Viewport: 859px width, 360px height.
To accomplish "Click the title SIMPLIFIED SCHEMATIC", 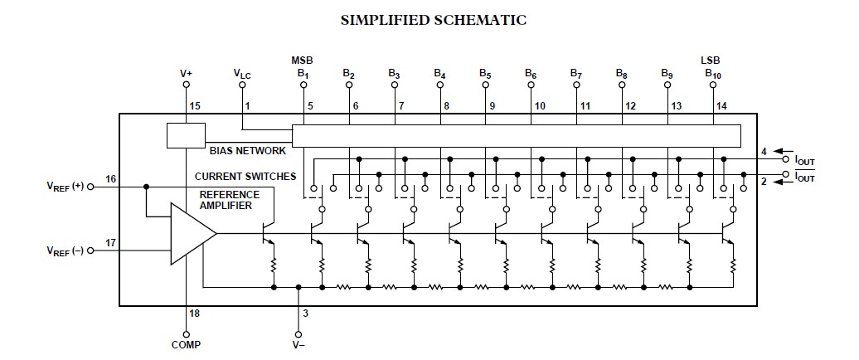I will (x=434, y=20).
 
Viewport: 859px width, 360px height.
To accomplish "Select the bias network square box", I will (x=186, y=136).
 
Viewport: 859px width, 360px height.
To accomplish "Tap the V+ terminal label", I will (x=187, y=73).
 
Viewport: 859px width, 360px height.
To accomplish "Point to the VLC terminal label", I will (x=242, y=74).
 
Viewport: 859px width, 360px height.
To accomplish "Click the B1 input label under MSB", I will (x=303, y=74).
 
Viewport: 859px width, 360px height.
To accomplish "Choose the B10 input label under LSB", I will (x=713, y=74).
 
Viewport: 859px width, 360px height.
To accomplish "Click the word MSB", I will (x=302, y=61).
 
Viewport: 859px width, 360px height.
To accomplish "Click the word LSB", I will (x=711, y=61).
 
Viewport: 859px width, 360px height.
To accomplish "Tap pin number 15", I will (x=196, y=107).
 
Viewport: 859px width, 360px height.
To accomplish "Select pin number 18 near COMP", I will (x=195, y=314).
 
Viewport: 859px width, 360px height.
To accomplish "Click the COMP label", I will (x=187, y=344).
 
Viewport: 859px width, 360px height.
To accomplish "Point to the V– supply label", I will (x=299, y=344).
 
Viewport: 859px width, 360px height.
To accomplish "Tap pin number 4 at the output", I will (x=764, y=151).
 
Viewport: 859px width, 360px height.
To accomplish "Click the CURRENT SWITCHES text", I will (x=245, y=177).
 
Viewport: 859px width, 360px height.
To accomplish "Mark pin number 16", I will (x=111, y=179).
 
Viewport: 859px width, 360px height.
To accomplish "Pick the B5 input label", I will (x=485, y=74).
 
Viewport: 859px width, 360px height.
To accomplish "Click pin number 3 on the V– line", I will (x=307, y=313).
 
